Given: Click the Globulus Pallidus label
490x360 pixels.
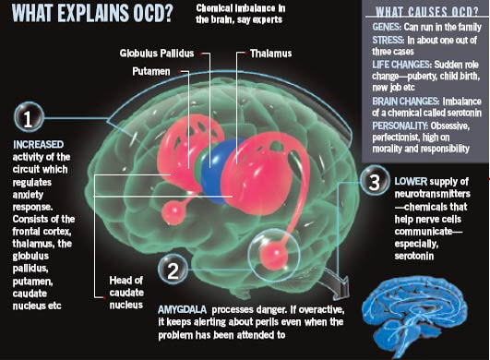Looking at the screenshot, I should click(158, 54).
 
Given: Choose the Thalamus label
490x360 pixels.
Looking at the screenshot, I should click(271, 54).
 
